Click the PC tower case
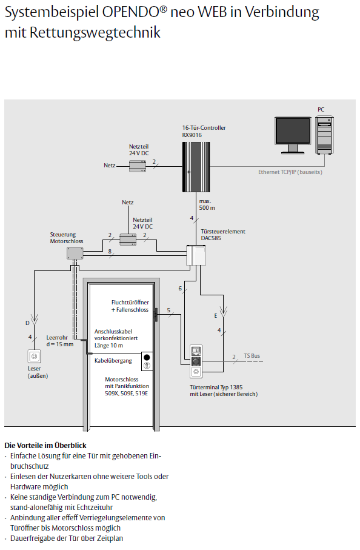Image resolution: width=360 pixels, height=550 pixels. pyautogui.click(x=324, y=135)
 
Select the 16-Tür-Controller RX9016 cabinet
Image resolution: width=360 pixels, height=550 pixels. pyautogui.click(x=196, y=167)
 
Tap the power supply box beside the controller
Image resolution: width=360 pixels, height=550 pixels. pyautogui.click(x=138, y=166)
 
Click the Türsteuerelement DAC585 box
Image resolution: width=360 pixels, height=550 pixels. pyautogui.click(x=196, y=255)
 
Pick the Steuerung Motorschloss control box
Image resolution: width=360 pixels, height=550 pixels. pyautogui.click(x=75, y=253)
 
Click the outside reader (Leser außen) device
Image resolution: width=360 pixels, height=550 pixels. pyautogui.click(x=35, y=357)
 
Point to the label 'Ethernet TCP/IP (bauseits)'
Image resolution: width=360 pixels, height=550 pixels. pyautogui.click(x=290, y=172)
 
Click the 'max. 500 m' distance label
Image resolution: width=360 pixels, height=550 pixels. pyautogui.click(x=207, y=204)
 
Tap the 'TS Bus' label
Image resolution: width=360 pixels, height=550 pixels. pyautogui.click(x=252, y=356)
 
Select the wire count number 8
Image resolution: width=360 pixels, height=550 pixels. pyautogui.click(x=110, y=251)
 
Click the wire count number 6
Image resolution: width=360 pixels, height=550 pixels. pyautogui.click(x=180, y=288)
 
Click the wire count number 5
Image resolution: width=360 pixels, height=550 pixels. pyautogui.click(x=168, y=310)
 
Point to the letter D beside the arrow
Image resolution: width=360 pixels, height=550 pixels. pyautogui.click(x=27, y=323)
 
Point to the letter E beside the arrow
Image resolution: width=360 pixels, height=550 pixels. pyautogui.click(x=216, y=316)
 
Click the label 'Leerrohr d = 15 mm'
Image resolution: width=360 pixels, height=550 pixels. pyautogui.click(x=60, y=341)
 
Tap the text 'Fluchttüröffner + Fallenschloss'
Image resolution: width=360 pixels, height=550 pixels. pyautogui.click(x=130, y=306)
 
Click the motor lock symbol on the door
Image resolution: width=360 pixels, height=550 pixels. pyautogui.click(x=147, y=361)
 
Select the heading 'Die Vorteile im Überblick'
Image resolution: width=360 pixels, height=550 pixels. pyautogui.click(x=45, y=446)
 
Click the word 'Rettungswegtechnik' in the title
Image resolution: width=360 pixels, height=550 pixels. pyautogui.click(x=95, y=33)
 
